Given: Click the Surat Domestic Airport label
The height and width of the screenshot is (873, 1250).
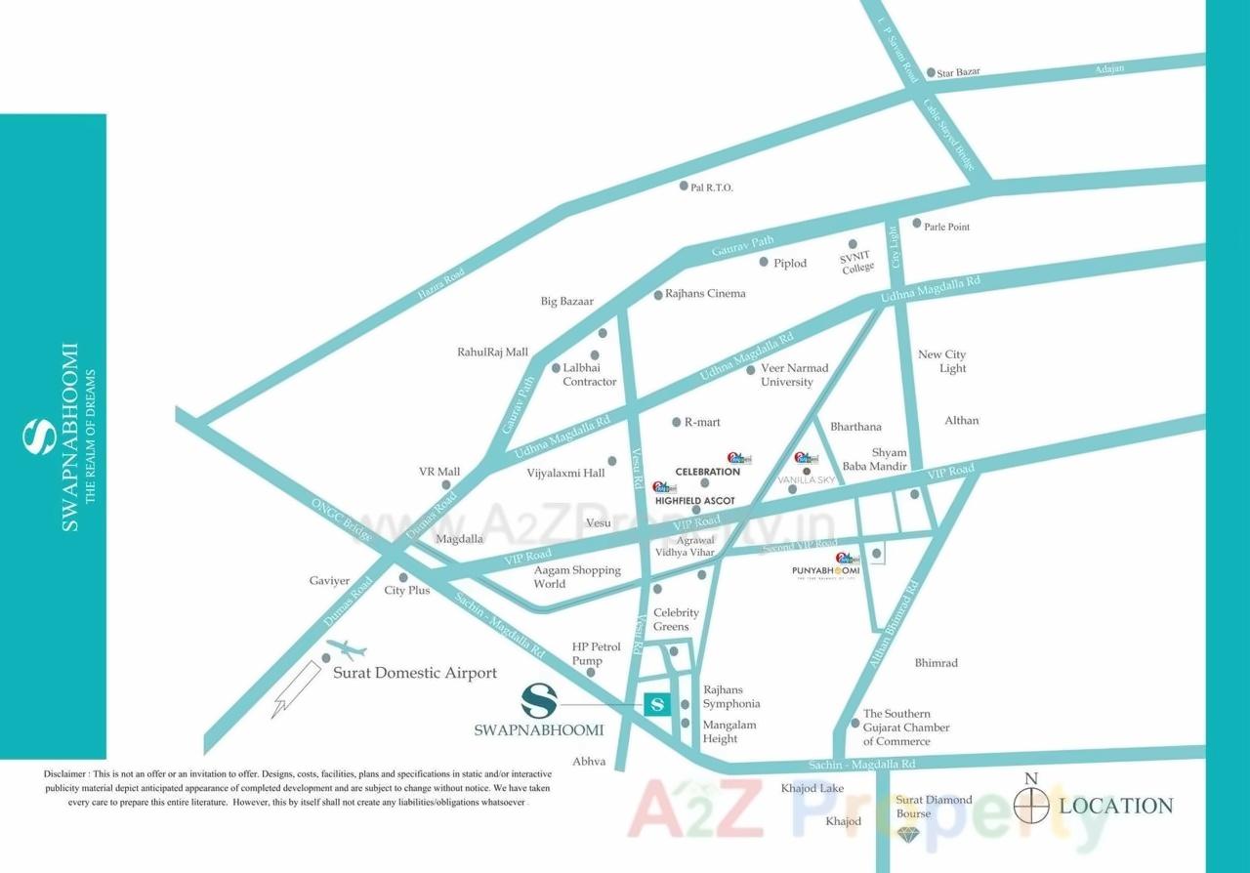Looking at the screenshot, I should click(x=415, y=673).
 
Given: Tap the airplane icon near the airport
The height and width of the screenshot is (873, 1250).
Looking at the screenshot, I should click(x=346, y=648).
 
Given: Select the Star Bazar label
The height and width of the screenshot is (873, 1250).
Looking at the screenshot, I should click(x=958, y=72).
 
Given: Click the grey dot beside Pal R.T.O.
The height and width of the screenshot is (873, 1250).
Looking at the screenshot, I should click(x=684, y=186).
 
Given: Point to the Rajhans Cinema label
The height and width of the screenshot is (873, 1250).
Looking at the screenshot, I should click(x=705, y=293).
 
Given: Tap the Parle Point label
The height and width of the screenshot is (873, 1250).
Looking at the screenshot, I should click(x=946, y=227).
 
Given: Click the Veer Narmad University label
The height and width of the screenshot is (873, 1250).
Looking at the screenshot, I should click(x=794, y=375).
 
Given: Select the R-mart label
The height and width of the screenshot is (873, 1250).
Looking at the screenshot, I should click(x=702, y=422).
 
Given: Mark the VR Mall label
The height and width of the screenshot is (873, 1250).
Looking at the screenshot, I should click(x=439, y=472).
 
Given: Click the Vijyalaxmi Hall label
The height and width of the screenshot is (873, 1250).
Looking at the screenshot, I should click(x=565, y=473).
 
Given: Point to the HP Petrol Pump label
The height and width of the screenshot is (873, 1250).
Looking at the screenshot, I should click(x=596, y=653).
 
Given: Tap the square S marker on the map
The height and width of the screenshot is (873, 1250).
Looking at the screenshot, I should click(x=657, y=703).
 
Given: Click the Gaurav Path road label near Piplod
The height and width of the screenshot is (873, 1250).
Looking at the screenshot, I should click(x=742, y=245).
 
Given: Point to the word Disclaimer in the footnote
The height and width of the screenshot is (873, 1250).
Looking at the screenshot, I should click(x=65, y=773).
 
